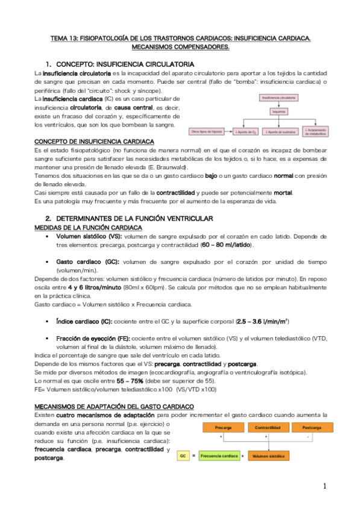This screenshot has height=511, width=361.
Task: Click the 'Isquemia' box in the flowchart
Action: pos(278,111)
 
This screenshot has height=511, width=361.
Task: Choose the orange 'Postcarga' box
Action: pos(314,427)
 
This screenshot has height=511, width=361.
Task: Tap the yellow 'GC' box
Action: pos(183,456)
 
